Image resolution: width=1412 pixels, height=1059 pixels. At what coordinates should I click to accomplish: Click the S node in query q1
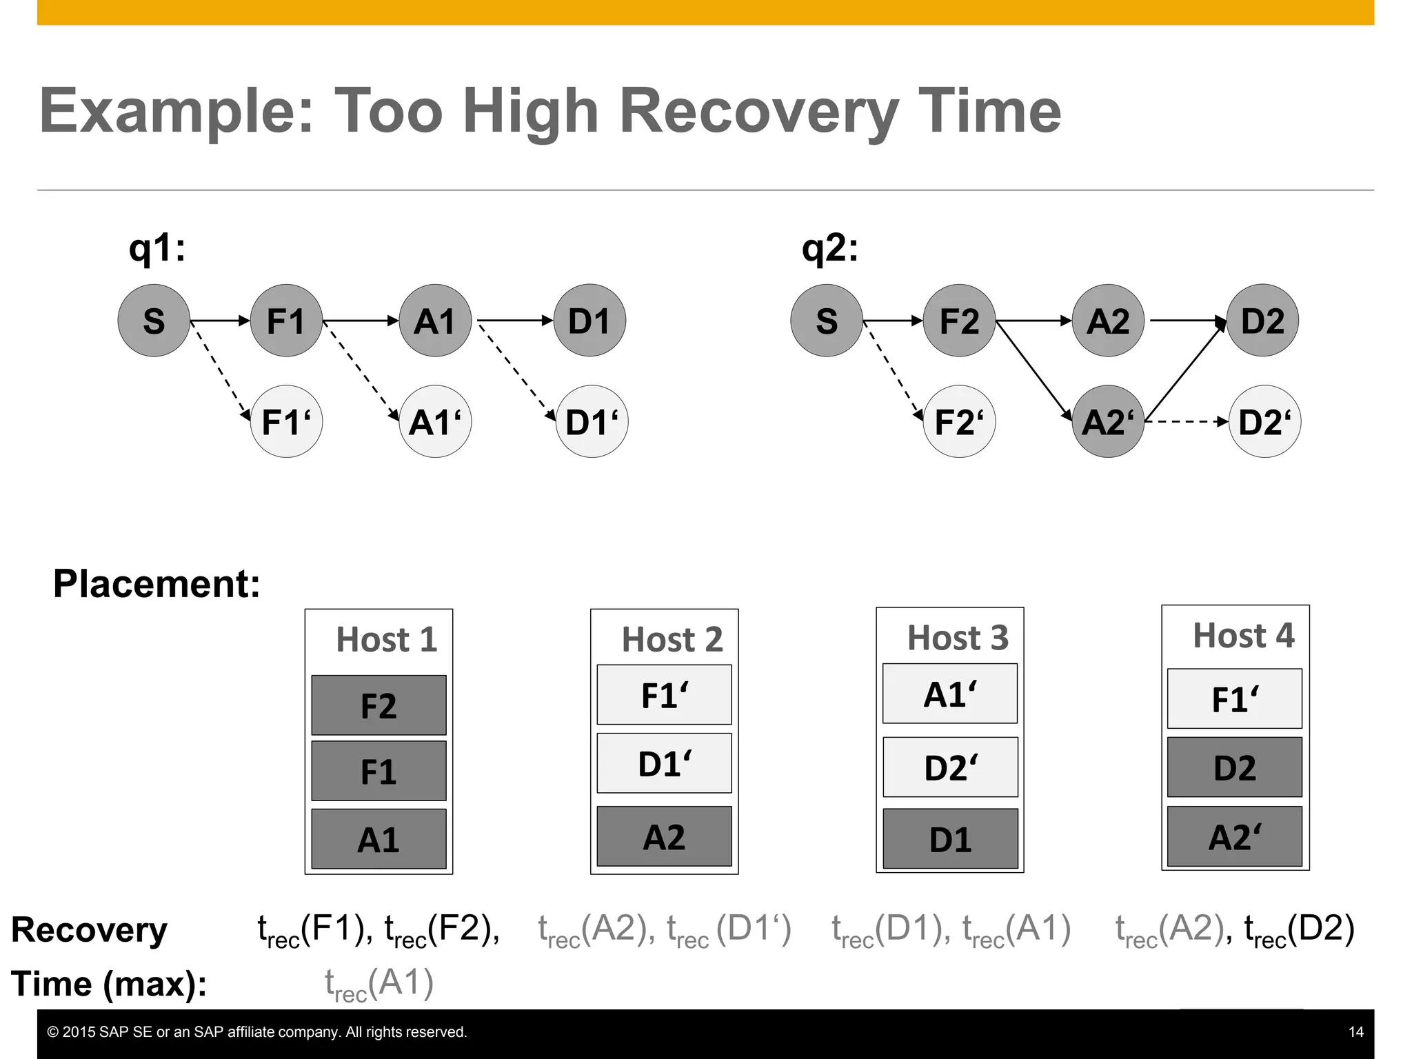[154, 321]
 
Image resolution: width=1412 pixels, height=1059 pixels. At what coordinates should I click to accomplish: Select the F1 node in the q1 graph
[286, 321]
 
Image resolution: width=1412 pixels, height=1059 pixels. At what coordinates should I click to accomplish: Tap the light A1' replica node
[435, 421]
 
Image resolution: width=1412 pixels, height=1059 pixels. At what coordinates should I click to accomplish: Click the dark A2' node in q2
[1108, 421]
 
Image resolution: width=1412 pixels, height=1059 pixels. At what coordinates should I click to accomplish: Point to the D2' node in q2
[1264, 421]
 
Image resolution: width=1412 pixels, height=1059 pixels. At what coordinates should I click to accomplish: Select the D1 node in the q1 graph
[589, 321]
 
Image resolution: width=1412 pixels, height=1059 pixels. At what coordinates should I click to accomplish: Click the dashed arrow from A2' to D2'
[1186, 421]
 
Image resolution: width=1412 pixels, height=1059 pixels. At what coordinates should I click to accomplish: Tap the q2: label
[830, 248]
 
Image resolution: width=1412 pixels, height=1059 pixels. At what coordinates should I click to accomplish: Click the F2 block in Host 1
[379, 705]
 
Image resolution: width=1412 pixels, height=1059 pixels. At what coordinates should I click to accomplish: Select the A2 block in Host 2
[664, 836]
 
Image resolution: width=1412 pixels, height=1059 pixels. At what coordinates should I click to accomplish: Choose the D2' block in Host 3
[950, 767]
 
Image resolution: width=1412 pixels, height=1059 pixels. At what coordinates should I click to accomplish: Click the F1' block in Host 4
[1234, 698]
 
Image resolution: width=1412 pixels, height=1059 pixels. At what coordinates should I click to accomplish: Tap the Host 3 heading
[958, 638]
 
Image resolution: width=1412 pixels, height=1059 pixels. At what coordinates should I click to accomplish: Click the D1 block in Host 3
[950, 839]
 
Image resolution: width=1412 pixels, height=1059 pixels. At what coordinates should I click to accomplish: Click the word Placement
[157, 584]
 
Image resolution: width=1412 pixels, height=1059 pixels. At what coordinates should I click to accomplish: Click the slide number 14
[1355, 1032]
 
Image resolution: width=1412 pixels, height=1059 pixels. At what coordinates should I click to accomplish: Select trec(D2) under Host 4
[1300, 929]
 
